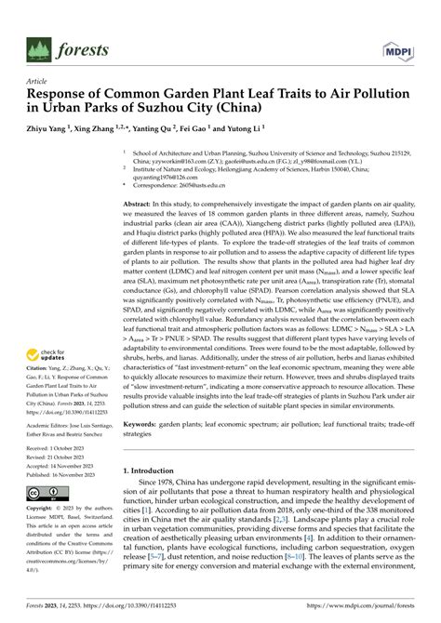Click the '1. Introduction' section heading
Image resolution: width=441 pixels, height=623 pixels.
click(x=153, y=444)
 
